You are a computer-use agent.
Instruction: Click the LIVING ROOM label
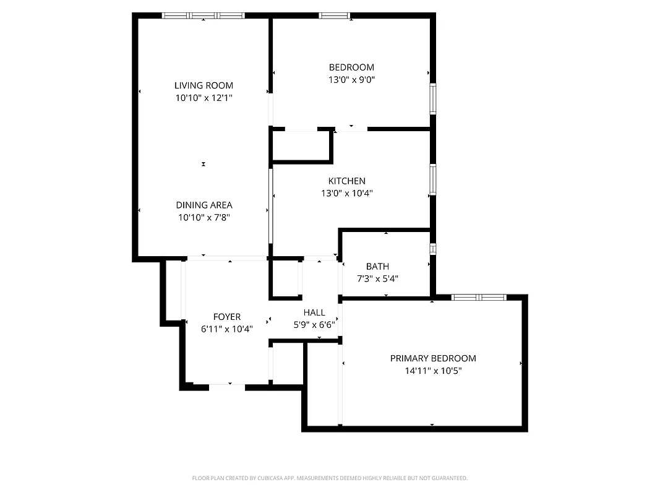point(204,85)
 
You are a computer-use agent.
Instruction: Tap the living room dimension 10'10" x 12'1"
point(204,98)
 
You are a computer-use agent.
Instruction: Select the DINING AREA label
point(204,205)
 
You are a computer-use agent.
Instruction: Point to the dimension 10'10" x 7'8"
point(204,217)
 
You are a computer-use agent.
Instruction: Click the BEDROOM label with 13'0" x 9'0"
point(351,67)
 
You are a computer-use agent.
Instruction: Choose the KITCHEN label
point(346,181)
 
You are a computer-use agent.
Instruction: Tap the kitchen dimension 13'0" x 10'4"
point(346,193)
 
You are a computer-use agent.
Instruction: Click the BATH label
point(377,267)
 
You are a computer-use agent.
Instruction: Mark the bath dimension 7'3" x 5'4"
point(377,278)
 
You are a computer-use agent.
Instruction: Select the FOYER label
point(227,317)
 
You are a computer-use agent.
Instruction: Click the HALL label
point(314,312)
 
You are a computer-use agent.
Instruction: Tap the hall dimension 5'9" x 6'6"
point(314,324)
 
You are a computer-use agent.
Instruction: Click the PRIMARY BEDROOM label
point(433,358)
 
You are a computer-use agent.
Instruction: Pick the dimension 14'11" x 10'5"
point(433,371)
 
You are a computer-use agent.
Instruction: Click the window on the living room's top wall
point(203,15)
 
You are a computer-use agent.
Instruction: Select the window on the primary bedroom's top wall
point(479,298)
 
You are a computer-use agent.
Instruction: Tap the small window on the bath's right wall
point(433,249)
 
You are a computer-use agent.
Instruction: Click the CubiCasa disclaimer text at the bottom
point(330,478)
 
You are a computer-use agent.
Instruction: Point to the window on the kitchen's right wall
point(433,179)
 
